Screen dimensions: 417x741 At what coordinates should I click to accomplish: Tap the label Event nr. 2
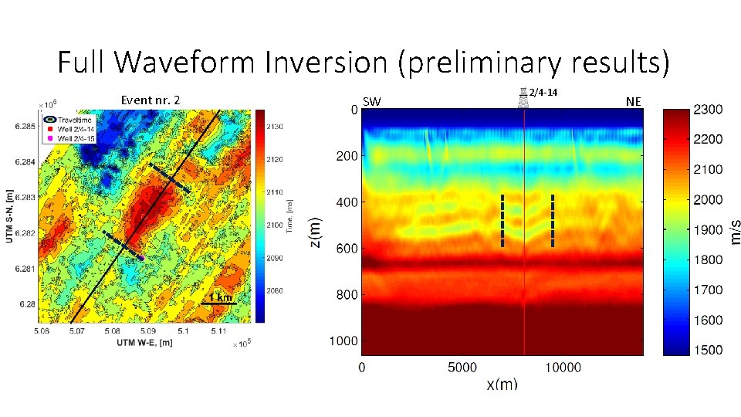(x=151, y=100)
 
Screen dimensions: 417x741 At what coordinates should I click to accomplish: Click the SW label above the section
(x=371, y=102)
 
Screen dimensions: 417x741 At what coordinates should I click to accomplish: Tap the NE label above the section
(x=633, y=101)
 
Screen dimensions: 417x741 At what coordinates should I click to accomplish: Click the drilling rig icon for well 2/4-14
(x=523, y=97)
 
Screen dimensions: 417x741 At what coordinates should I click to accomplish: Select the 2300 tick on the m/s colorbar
(x=709, y=110)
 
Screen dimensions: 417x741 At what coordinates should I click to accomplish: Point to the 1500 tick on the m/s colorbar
(x=709, y=350)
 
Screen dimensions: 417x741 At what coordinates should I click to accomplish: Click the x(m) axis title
(x=502, y=384)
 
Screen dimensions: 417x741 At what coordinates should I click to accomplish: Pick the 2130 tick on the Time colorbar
(x=277, y=126)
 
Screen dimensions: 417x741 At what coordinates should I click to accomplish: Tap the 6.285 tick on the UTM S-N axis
(x=23, y=125)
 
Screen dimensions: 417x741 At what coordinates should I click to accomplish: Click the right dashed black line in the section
(x=553, y=221)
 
